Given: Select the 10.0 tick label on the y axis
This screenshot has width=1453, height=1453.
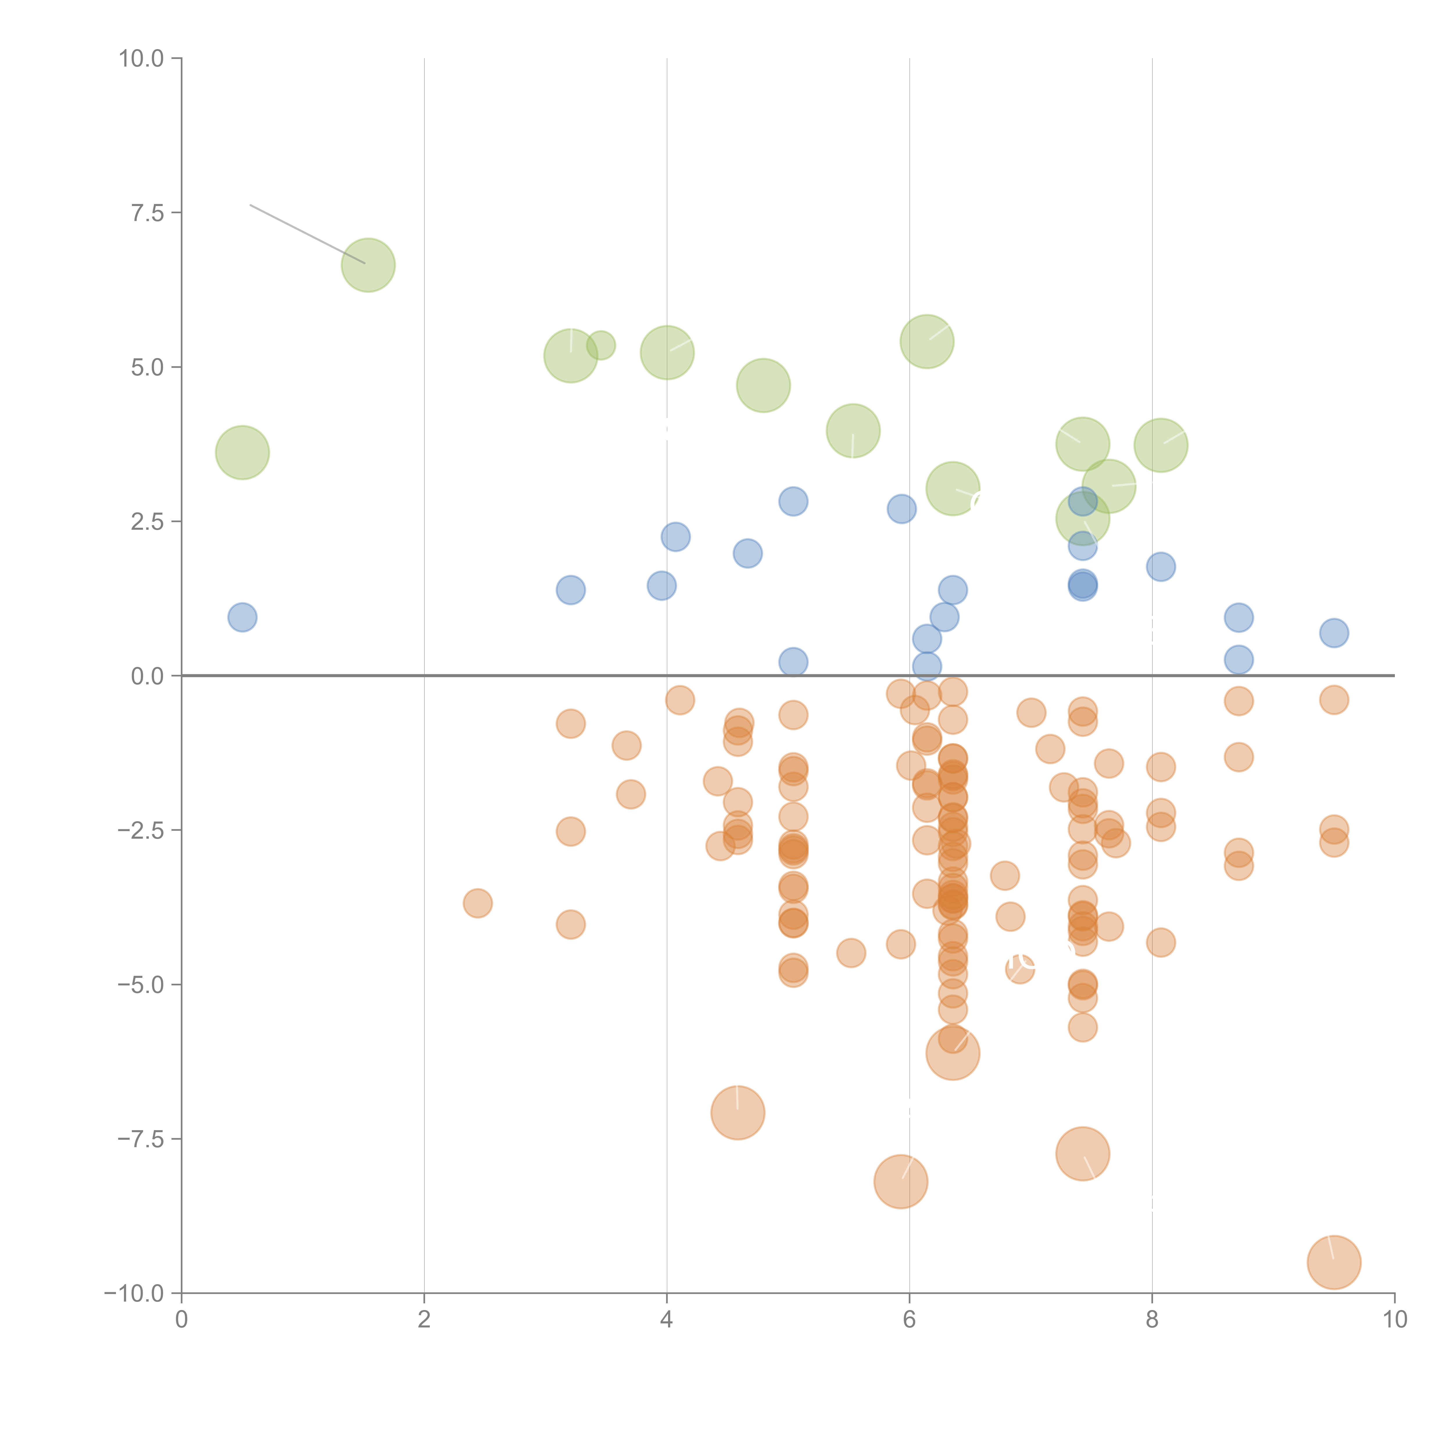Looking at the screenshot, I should coord(142,59).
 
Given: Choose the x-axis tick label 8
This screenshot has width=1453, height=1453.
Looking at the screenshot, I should coord(1152,1320).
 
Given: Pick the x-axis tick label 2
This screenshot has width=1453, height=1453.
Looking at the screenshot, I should coord(424,1320).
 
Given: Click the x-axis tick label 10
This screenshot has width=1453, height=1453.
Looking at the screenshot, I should coord(1394,1320).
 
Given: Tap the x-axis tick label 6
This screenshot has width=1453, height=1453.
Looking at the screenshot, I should coord(909,1320).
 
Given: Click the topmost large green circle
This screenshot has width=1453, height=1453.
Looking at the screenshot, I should coord(368,265).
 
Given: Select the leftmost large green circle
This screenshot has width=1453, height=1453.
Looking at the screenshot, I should coord(242,452).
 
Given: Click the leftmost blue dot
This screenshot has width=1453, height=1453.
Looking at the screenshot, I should coord(242,618).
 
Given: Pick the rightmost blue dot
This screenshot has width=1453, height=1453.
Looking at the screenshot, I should coord(1334,633).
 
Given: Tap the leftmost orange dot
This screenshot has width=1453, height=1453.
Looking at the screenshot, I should coord(477,903).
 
